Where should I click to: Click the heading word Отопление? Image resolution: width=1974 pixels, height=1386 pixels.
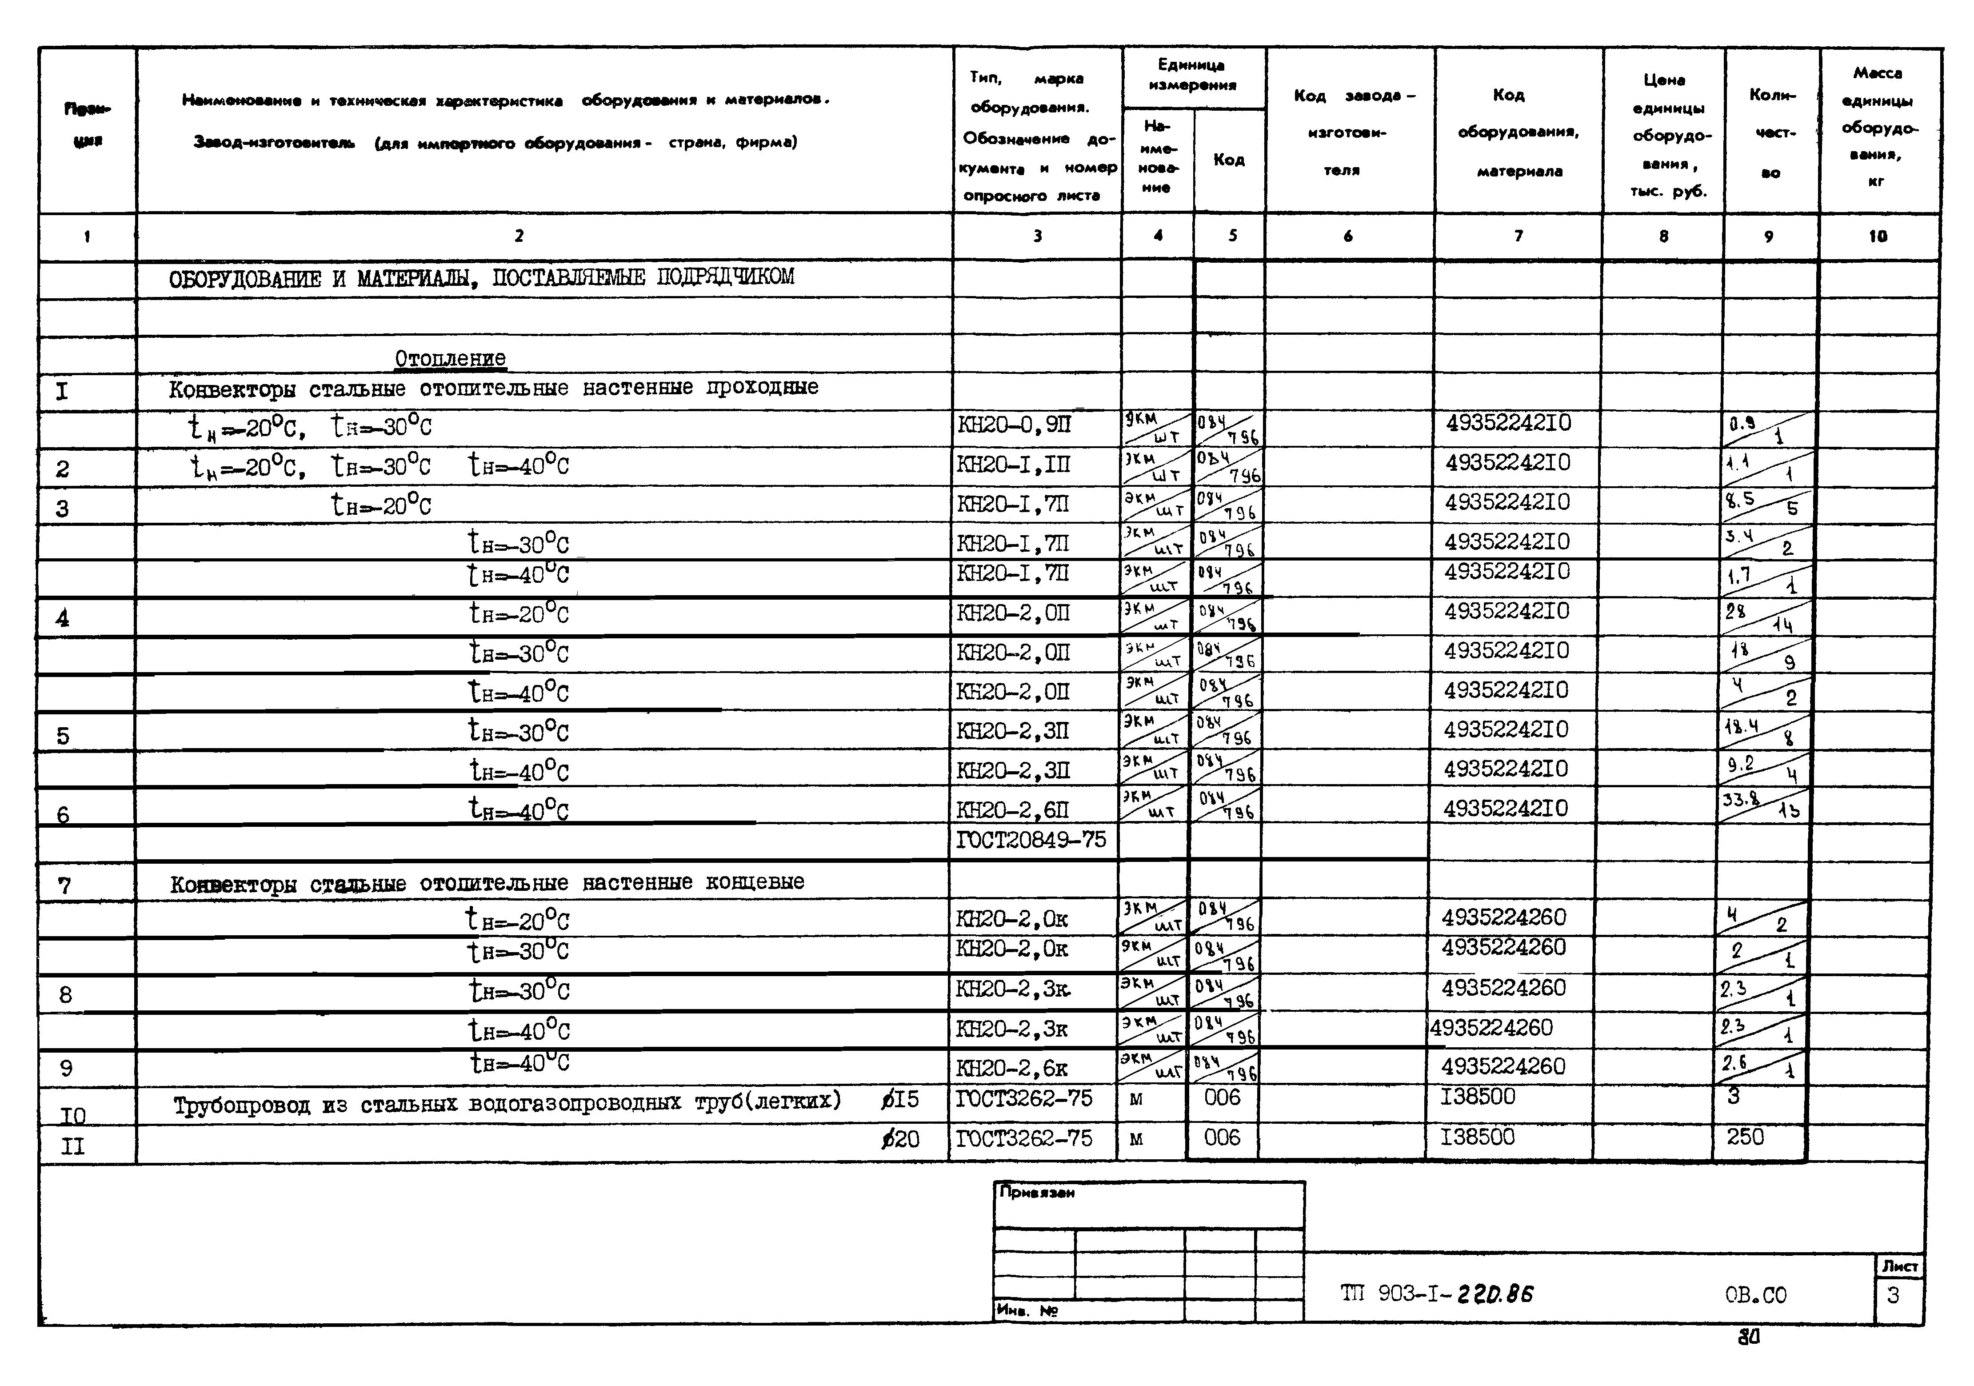point(450,359)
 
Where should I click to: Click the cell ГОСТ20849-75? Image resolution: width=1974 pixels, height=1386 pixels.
point(1031,839)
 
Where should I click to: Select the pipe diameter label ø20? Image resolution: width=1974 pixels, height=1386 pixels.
point(900,1139)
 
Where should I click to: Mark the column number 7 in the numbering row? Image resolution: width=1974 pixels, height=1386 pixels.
point(1518,236)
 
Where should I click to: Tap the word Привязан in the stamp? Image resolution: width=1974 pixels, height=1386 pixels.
point(1037,1193)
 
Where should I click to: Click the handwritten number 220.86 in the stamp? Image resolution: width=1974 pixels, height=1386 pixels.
point(1496,1294)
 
